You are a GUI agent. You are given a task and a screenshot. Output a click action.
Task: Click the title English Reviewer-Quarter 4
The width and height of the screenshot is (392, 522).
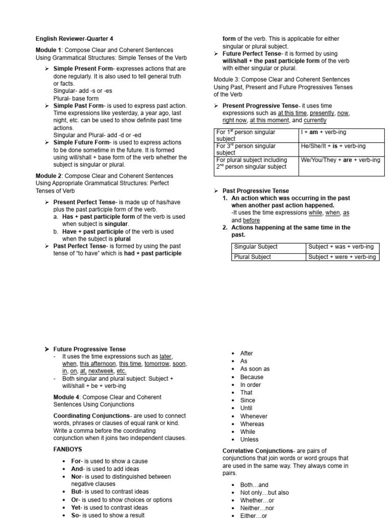click(x=75, y=39)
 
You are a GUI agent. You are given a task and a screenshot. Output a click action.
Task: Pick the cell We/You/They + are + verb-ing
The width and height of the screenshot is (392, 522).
click(x=340, y=160)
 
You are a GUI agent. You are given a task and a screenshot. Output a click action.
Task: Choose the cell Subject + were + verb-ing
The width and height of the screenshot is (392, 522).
click(x=341, y=257)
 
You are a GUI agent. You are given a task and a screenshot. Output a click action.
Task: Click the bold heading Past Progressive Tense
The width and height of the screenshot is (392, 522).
click(x=255, y=191)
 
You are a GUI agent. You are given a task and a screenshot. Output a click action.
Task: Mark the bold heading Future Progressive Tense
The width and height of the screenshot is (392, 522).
click(x=89, y=349)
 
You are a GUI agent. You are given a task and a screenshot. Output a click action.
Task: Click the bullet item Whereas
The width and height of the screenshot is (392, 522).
click(x=252, y=424)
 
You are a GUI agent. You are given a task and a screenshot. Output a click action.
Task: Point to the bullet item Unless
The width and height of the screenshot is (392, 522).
click(x=249, y=439)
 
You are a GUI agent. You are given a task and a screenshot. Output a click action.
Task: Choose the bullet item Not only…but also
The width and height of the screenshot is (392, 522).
click(x=264, y=493)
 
